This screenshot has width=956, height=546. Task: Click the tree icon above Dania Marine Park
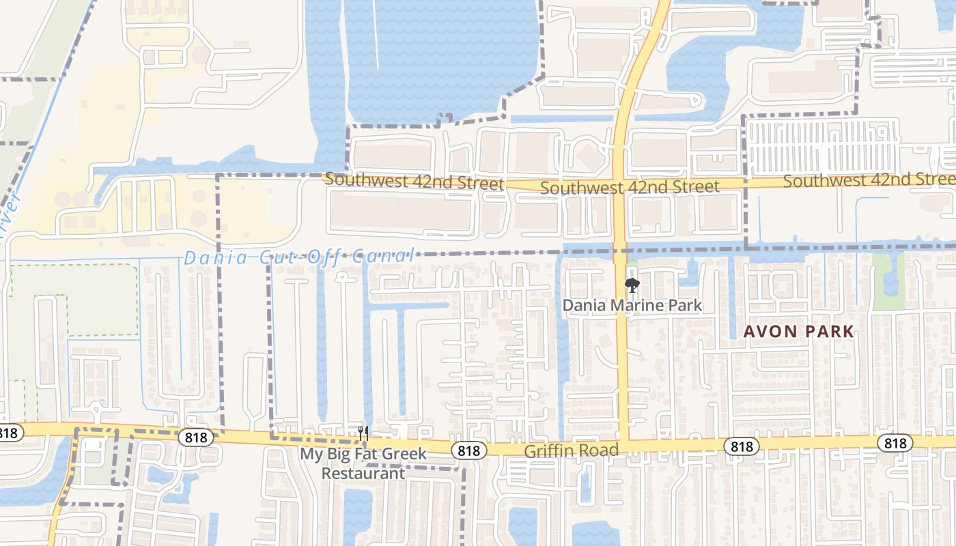(x=632, y=285)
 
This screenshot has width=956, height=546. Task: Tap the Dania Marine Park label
(x=632, y=305)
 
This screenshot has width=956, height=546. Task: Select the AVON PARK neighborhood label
(x=798, y=332)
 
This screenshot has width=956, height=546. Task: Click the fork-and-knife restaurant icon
(x=363, y=433)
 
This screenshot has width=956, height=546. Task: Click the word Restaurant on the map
(x=363, y=473)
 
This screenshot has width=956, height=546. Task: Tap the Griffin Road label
(x=571, y=450)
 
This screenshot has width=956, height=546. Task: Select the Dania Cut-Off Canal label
(x=298, y=257)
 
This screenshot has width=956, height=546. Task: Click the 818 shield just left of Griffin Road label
(x=468, y=450)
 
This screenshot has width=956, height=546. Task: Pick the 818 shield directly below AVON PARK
(x=741, y=446)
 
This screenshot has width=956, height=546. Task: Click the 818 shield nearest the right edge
(x=895, y=443)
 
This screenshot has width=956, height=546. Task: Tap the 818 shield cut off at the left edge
(x=10, y=433)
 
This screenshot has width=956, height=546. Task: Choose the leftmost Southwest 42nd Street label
(x=414, y=182)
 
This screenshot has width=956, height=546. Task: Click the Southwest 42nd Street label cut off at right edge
(x=869, y=180)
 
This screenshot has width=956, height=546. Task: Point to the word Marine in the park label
(x=633, y=305)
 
